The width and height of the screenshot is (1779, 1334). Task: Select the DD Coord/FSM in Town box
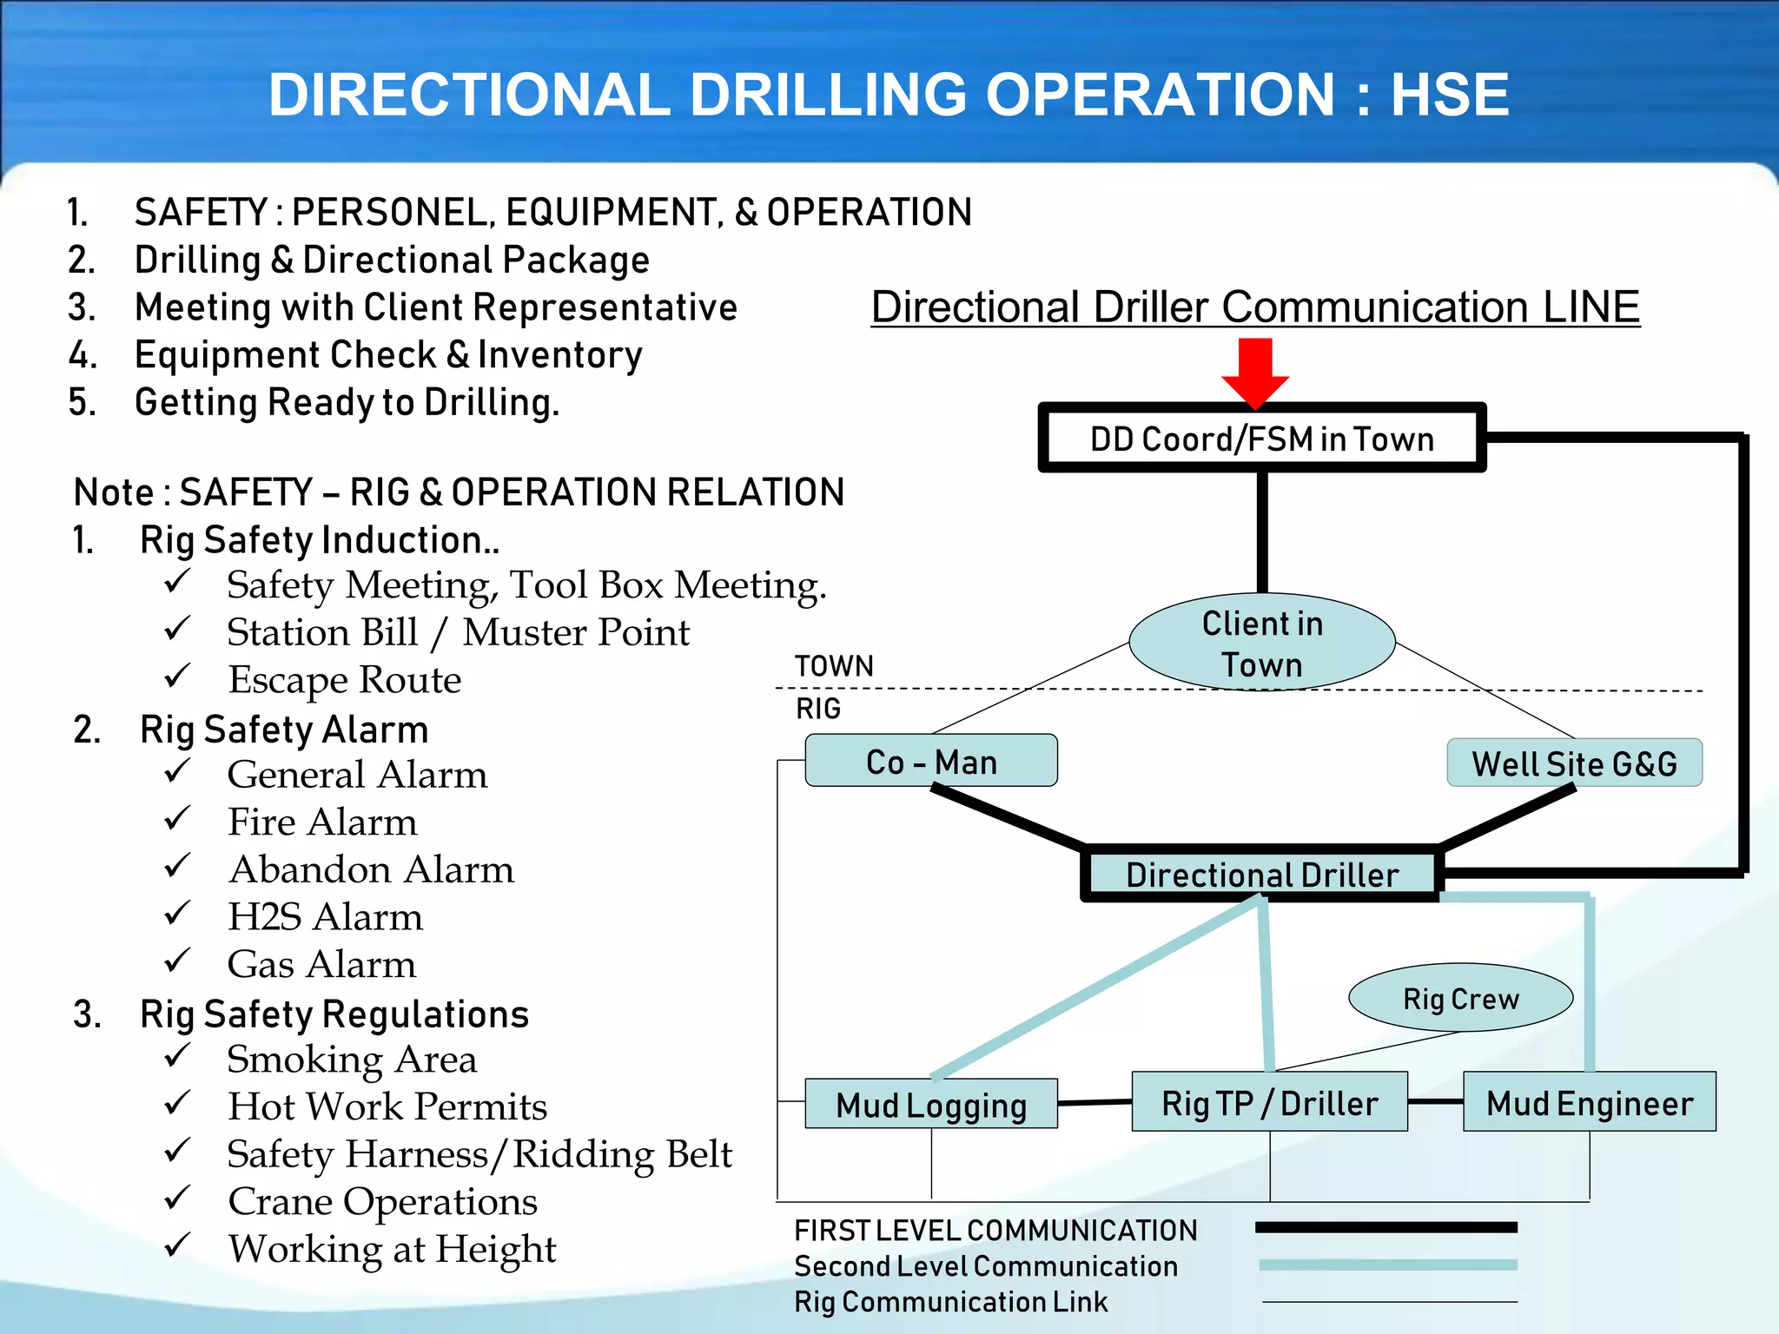(x=1261, y=439)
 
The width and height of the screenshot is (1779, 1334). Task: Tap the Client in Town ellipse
(x=1262, y=643)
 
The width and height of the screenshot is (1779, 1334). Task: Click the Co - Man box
(x=931, y=761)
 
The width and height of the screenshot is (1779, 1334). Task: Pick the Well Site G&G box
(x=1574, y=763)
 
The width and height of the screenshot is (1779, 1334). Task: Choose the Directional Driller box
(x=1261, y=874)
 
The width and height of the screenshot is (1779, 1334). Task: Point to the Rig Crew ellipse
(x=1461, y=998)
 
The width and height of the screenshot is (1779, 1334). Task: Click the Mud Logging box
(x=931, y=1105)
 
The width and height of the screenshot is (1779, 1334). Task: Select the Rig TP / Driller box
(x=1269, y=1102)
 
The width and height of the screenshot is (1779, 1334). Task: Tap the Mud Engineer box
(x=1590, y=1102)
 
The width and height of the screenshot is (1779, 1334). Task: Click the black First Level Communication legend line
(x=1386, y=1227)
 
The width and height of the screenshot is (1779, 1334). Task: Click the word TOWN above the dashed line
(x=834, y=666)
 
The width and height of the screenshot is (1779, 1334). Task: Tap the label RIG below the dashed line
(x=818, y=709)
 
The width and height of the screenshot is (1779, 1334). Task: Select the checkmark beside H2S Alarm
(x=177, y=913)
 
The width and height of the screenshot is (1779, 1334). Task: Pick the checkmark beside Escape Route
(x=177, y=675)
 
